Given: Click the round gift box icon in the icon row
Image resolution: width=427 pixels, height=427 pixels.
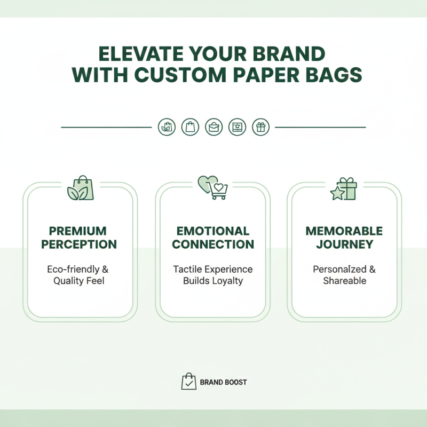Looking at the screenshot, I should (x=260, y=127).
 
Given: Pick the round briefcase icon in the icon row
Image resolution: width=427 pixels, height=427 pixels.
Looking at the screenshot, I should (x=213, y=127).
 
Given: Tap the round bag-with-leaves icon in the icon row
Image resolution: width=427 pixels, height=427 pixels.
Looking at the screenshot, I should (x=167, y=127).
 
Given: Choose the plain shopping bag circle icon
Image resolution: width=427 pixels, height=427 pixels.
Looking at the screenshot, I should (x=190, y=127).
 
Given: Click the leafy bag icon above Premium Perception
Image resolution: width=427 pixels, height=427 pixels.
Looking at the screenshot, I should (x=81, y=188).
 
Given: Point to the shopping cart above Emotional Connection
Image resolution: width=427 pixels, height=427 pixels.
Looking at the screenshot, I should (x=218, y=191).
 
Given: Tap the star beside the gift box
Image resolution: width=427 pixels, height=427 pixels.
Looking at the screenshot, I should (x=337, y=194).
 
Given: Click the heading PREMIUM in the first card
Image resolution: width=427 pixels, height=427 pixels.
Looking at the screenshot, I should (x=78, y=231).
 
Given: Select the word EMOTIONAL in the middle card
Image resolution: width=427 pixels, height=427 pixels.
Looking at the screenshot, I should (x=213, y=231).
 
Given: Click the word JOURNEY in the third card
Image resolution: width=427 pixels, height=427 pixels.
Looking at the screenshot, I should (x=344, y=244).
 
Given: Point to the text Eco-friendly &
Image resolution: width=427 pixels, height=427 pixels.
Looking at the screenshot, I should (x=78, y=269).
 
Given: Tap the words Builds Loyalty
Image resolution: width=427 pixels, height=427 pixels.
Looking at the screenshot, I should (x=213, y=281).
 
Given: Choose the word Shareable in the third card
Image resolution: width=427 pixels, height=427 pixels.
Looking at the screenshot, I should (x=344, y=281).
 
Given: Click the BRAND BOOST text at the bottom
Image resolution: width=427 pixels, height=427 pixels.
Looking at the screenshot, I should (x=223, y=382).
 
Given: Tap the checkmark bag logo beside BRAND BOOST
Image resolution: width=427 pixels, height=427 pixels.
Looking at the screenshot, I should (x=189, y=382).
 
